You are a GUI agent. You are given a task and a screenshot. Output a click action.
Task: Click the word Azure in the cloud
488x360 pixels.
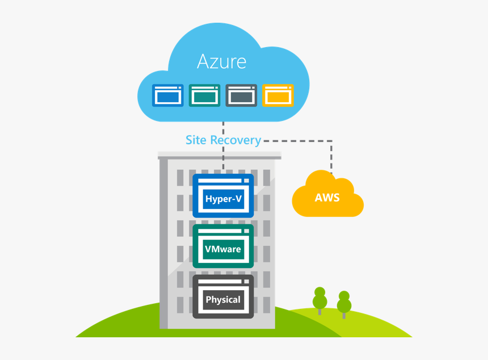[x=221, y=61]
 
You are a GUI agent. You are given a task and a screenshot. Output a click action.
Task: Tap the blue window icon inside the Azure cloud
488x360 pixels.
[x=167, y=95]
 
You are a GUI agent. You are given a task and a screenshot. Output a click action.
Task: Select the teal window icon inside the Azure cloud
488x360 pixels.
[x=204, y=95]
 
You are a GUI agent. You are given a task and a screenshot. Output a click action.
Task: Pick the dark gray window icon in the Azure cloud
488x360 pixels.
[x=241, y=95]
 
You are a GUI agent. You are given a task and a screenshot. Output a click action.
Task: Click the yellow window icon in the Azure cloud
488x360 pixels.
[x=278, y=95]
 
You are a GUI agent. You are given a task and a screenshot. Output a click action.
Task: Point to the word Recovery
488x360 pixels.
[x=235, y=140]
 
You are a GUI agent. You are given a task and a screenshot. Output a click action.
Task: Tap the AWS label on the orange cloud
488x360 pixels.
[x=327, y=198]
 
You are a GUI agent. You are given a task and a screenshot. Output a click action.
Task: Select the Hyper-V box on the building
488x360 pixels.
[x=223, y=199]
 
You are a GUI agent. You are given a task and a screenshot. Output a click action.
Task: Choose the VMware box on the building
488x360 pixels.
[x=223, y=249]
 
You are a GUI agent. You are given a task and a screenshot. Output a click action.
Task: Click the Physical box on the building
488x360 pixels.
[x=223, y=299]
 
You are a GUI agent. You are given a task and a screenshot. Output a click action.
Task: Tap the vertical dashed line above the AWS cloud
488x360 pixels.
[x=332, y=156]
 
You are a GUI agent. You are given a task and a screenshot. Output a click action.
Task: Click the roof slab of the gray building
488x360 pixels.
[x=219, y=154]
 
